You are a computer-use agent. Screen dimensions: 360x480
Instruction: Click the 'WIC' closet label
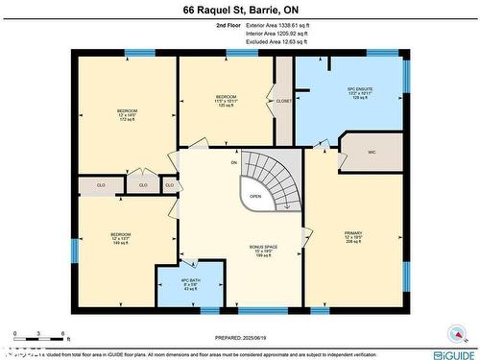point(371,152)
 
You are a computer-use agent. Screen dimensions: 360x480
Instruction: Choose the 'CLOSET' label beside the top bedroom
point(283,100)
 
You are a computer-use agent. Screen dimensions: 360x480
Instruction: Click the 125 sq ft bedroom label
point(226,101)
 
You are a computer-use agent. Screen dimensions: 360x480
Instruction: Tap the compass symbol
point(454,333)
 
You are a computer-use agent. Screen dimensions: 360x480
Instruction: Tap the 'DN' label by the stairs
point(233,162)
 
